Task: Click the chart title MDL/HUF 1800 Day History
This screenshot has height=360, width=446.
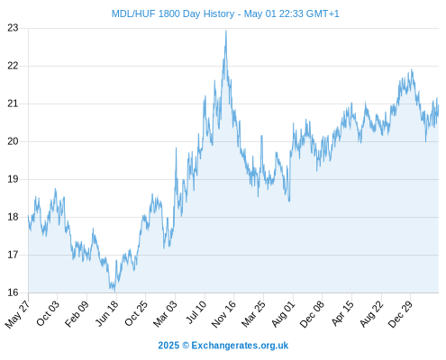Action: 173,14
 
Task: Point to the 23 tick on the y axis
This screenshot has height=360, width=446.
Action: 13,28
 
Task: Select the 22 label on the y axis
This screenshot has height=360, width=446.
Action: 13,66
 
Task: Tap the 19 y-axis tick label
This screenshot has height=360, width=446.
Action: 13,179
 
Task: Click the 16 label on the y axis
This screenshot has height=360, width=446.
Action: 13,292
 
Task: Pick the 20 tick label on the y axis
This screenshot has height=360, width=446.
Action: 13,141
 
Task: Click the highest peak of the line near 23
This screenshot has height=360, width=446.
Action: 226,31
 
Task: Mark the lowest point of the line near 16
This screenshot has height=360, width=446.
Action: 115,292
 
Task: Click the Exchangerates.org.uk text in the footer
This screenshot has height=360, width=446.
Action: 240,346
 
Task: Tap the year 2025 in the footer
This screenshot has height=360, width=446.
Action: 168,346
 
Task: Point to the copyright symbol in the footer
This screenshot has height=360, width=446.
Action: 186,346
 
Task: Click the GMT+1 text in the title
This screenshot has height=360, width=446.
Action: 323,14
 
